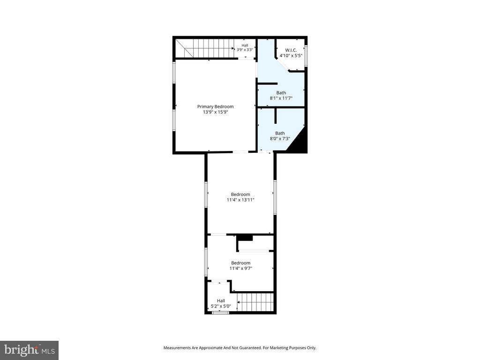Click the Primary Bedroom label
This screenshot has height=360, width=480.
(x=215, y=106)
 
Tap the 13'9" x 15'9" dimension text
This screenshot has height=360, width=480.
(x=215, y=113)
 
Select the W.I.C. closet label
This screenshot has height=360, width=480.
(x=291, y=49)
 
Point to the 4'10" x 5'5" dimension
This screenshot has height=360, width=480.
(x=291, y=55)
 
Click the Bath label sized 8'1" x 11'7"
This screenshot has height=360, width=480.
(x=281, y=93)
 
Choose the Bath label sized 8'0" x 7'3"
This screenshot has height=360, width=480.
(x=279, y=133)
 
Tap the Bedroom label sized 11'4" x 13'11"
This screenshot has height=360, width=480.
(x=240, y=194)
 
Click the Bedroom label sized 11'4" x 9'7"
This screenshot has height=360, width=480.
(x=240, y=263)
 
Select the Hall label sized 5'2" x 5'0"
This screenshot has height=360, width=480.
(x=220, y=300)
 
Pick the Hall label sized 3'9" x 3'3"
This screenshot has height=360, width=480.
(x=245, y=45)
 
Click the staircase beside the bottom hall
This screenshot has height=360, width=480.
(x=255, y=301)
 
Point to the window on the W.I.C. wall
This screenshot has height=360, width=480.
(x=306, y=54)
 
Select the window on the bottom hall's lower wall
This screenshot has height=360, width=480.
(x=220, y=312)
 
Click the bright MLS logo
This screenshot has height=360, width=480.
(x=29, y=350)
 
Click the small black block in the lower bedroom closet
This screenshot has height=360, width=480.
(x=245, y=238)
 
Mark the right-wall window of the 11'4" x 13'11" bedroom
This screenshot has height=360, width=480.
(x=275, y=197)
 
